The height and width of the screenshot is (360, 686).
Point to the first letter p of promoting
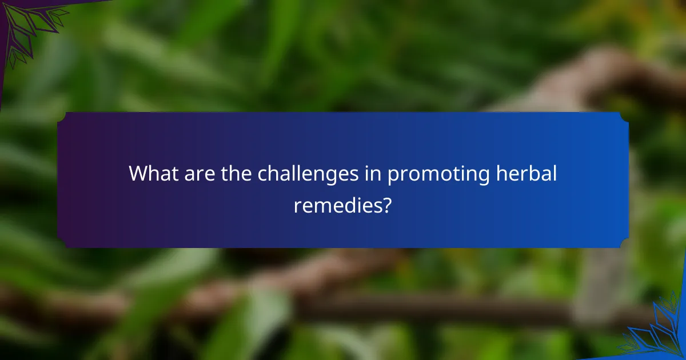(393, 176)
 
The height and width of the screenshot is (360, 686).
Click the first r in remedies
(297, 206)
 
